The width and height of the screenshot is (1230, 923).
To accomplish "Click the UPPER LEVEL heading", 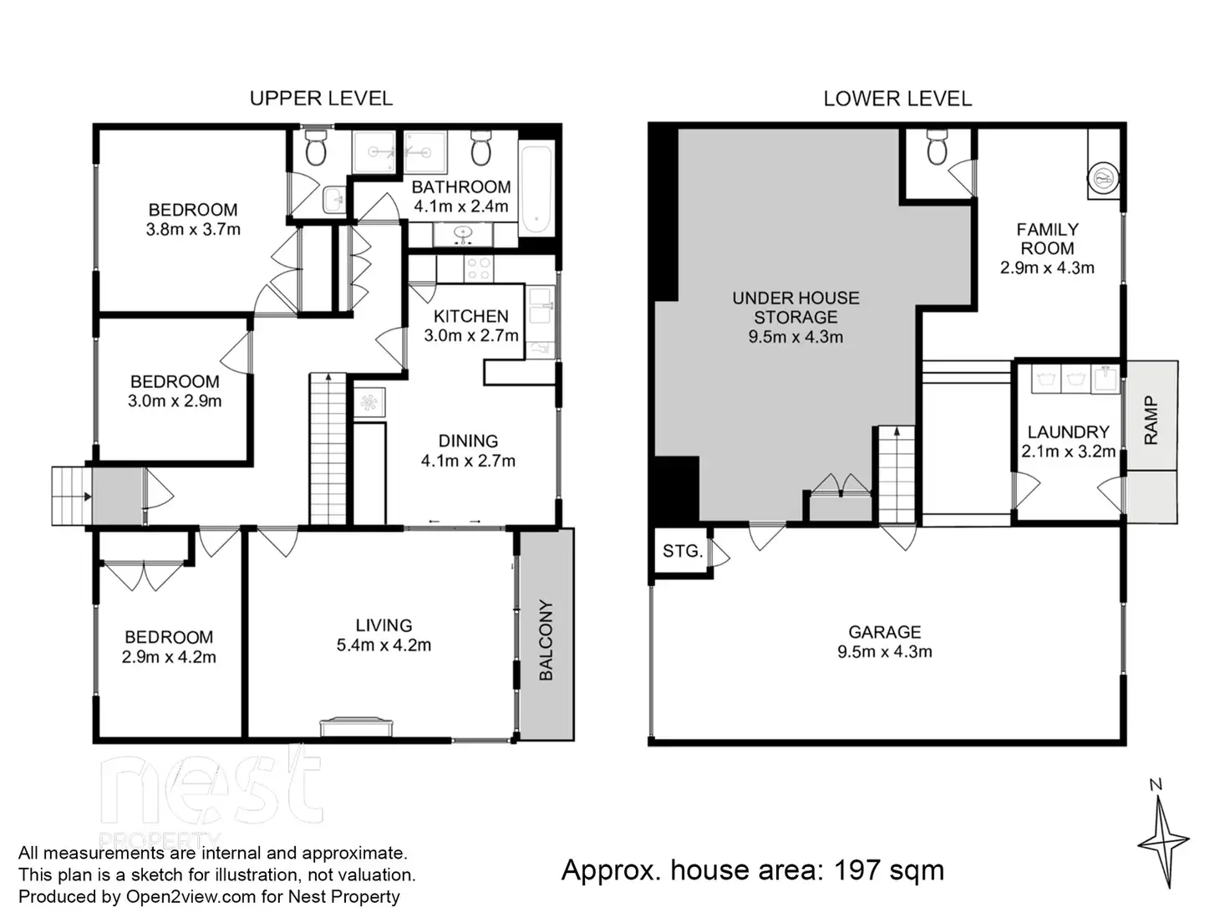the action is (321, 99).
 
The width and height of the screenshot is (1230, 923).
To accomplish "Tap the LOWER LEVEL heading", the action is (897, 99).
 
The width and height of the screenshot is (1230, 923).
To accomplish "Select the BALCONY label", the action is (546, 640).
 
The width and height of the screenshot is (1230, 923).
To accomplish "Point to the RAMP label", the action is (1151, 421).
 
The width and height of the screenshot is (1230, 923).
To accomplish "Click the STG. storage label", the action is (683, 552).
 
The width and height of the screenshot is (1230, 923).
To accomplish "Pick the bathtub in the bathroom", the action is (536, 189).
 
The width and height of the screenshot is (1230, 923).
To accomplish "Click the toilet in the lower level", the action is (937, 147).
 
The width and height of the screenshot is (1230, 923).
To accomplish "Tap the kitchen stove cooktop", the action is (479, 268).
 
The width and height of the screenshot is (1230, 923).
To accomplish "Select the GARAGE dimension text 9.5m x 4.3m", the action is (885, 652).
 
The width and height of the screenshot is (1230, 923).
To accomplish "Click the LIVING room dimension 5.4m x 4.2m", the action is (384, 645).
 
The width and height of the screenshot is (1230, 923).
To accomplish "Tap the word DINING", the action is (468, 441).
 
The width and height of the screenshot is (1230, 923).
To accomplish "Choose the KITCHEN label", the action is (470, 316).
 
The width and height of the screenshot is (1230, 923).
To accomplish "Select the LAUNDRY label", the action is (1068, 432).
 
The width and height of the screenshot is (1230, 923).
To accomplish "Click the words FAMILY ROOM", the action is (1047, 239).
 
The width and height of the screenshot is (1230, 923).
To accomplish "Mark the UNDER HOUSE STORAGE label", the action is (795, 308).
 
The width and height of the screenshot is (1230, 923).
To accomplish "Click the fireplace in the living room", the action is (357, 726).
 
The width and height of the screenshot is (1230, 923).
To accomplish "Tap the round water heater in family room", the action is (1103, 179).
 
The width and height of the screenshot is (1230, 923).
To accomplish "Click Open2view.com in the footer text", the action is (191, 897).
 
